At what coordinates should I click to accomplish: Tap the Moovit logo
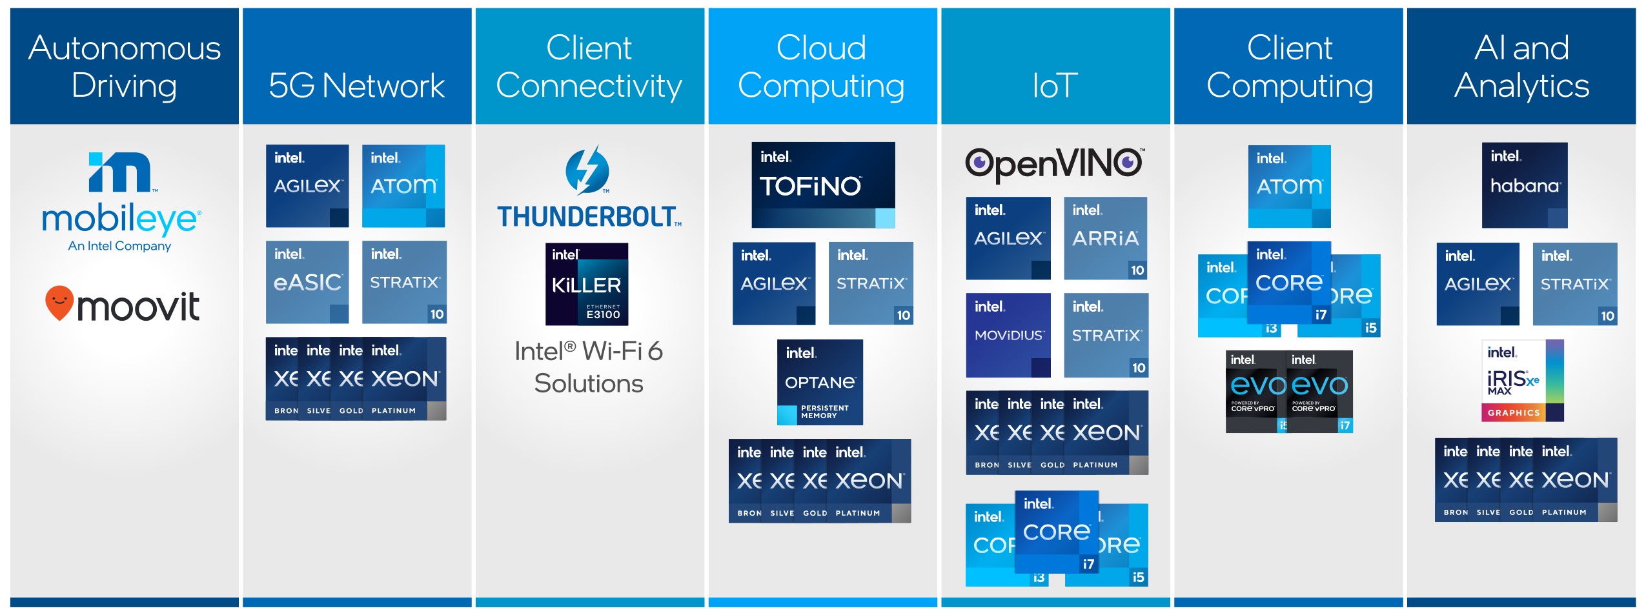[123, 305]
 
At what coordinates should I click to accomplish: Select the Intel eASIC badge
[307, 282]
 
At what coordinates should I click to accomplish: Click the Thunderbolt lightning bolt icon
[587, 170]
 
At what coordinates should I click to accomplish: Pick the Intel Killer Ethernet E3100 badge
[587, 284]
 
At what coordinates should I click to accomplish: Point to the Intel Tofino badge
[823, 185]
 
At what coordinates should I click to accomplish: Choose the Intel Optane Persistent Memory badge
[820, 382]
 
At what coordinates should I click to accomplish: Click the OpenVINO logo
[1054, 164]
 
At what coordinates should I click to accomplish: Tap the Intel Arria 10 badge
[1105, 238]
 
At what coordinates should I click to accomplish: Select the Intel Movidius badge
[1008, 335]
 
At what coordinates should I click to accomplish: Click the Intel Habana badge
[1525, 185]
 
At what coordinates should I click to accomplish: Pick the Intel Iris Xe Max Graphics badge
[1522, 381]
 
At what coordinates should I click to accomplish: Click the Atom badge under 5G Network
[403, 186]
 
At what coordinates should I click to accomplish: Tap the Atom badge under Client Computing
[1289, 187]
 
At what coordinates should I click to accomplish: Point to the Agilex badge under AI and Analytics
[1478, 284]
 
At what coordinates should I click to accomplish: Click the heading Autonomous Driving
[125, 66]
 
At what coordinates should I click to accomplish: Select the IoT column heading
[1055, 85]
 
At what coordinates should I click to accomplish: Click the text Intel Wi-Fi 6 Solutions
[589, 367]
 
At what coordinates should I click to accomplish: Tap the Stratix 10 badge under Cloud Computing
[871, 283]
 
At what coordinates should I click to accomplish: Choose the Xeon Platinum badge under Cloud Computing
[871, 481]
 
